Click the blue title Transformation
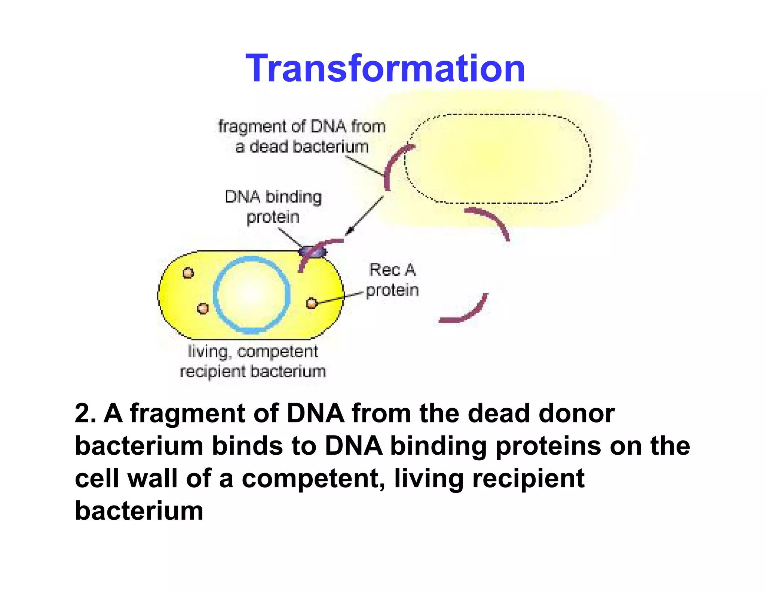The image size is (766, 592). click(x=385, y=68)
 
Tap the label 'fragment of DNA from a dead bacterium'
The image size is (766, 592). click(x=301, y=137)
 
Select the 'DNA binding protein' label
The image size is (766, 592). click(x=273, y=207)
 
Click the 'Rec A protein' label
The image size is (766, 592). click(x=392, y=280)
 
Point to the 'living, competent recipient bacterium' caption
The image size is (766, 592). click(x=253, y=361)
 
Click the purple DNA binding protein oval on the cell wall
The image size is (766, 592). click(x=313, y=252)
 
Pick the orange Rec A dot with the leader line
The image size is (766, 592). click(x=312, y=303)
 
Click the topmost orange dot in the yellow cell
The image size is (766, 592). click(x=188, y=273)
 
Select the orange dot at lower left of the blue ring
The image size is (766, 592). click(x=202, y=309)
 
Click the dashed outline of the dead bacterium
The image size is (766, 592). click(x=497, y=114)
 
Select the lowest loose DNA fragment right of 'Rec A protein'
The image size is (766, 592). click(x=468, y=313)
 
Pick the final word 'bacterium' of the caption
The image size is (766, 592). click(x=139, y=511)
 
